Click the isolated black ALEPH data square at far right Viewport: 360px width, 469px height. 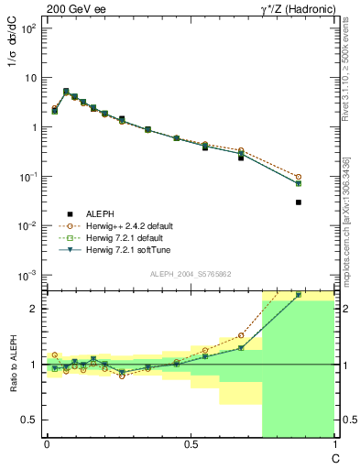tap(299, 202)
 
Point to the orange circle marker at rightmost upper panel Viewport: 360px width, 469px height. tap(299, 177)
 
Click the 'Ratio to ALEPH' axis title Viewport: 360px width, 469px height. tap(15, 365)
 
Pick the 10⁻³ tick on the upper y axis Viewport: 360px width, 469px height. tap(29, 275)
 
